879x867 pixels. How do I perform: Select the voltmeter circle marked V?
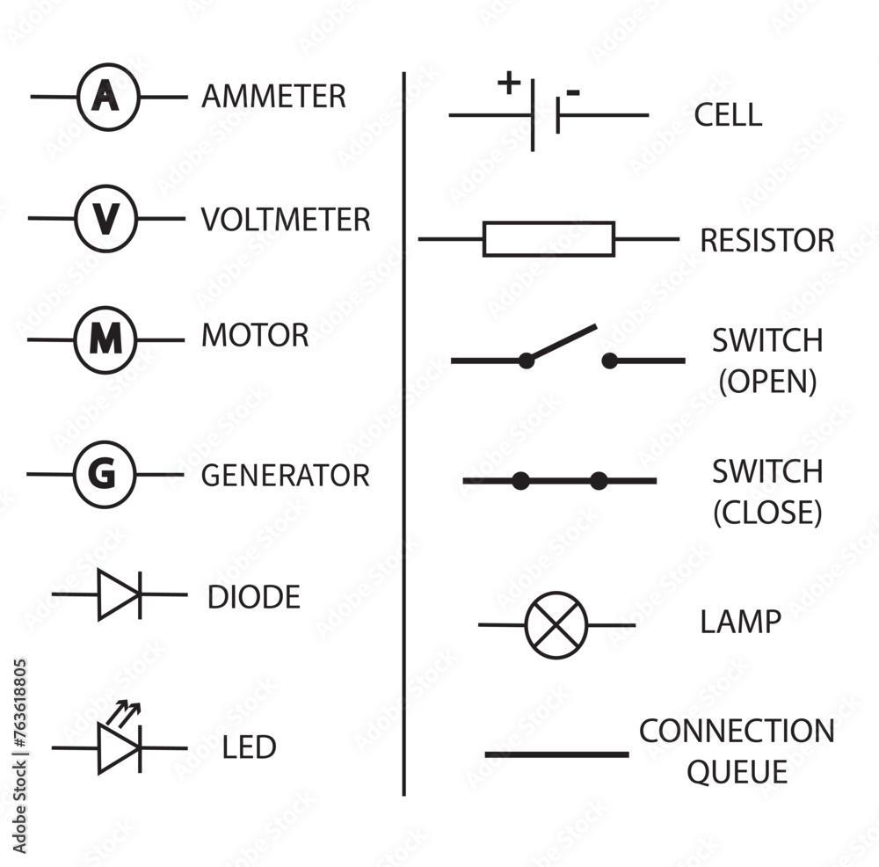[105, 217]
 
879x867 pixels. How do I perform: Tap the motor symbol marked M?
[105, 339]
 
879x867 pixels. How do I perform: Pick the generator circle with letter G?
[105, 475]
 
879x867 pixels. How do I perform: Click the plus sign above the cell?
[508, 84]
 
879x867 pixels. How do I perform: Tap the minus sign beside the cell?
[573, 92]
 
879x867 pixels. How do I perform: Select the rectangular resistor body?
[548, 238]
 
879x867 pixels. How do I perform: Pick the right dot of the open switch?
[609, 360]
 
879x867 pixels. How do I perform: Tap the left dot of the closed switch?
[520, 481]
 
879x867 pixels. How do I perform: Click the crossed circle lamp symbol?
[556, 624]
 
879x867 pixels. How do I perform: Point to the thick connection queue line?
[556, 754]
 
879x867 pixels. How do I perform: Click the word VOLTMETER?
[286, 219]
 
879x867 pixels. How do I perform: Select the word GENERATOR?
[286, 476]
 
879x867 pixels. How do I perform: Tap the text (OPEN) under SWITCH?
[767, 382]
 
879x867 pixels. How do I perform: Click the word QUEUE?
[737, 772]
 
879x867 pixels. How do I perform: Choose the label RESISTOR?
[766, 240]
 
